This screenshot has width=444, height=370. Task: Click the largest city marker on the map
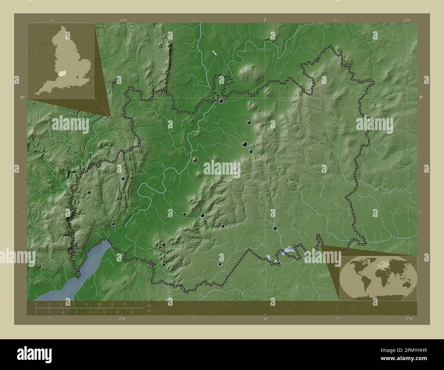coord(195,160)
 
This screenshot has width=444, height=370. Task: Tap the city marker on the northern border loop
coord(221,101)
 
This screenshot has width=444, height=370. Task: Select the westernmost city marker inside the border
coord(89,193)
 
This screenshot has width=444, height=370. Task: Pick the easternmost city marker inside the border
coord(275,228)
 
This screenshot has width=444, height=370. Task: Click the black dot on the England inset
coord(78,77)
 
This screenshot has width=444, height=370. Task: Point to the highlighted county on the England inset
coord(61,72)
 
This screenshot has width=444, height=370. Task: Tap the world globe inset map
coord(378,278)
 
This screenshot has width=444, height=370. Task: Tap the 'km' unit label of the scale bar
coord(149,305)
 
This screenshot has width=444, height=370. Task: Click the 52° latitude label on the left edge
coord(22,97)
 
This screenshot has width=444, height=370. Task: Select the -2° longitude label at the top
coord(265,20)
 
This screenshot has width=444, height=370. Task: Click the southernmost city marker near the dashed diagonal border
coord(220,264)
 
